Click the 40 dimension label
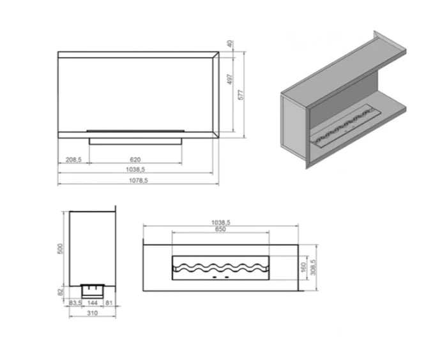(x=231, y=44)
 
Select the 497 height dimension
(x=231, y=79)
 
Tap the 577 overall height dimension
(x=241, y=95)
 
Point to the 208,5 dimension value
(x=73, y=160)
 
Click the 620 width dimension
(x=135, y=160)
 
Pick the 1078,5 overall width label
(x=139, y=181)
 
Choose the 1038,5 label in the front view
(x=135, y=170)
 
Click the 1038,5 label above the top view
(x=221, y=222)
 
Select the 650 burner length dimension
(x=221, y=229)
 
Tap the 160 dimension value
(x=303, y=267)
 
